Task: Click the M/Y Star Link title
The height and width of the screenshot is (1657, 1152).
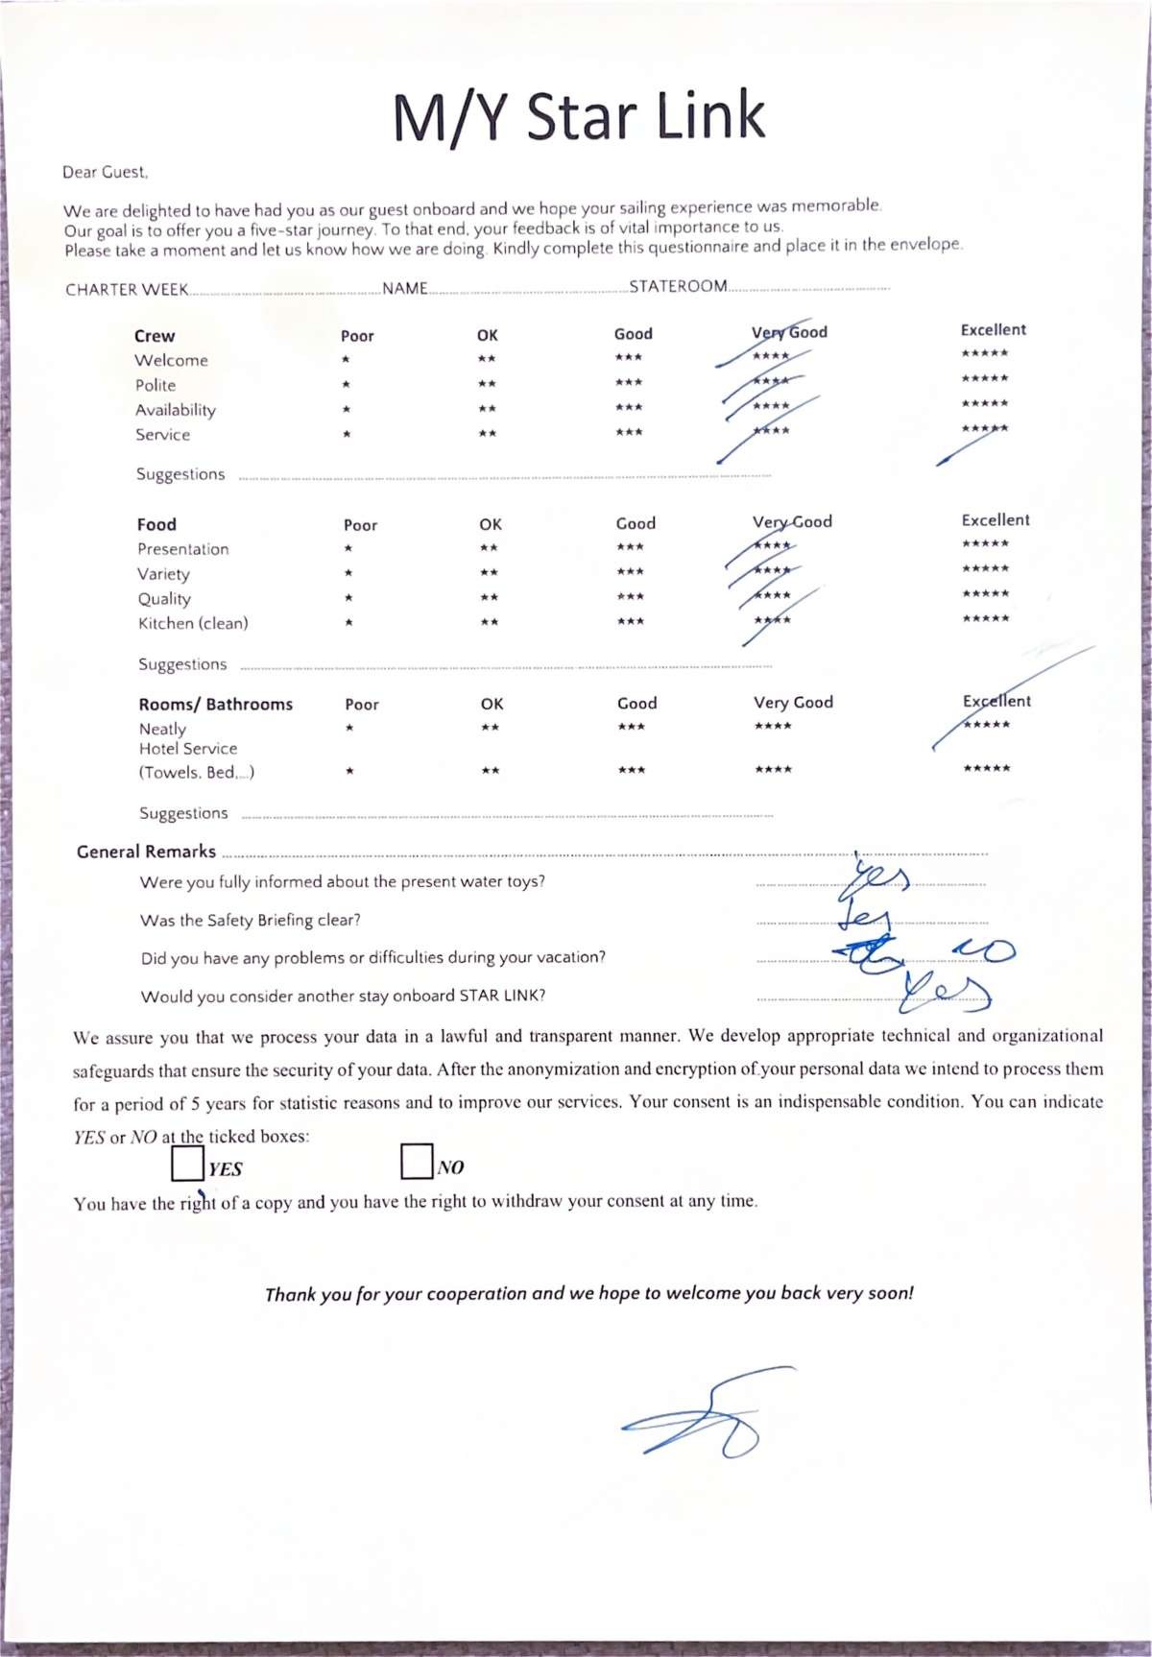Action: [x=579, y=116]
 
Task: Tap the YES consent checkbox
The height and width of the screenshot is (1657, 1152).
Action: [x=187, y=1164]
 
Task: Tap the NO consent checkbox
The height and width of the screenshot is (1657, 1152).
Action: [x=417, y=1161]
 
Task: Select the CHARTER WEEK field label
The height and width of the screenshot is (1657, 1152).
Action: [x=126, y=290]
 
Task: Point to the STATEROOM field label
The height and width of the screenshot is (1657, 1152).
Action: [x=678, y=286]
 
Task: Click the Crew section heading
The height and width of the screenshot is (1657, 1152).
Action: [x=155, y=336]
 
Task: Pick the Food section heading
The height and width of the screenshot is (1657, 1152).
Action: [x=156, y=524]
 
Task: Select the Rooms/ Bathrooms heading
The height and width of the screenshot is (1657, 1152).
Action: [x=215, y=704]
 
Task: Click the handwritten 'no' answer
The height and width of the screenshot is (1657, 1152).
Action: [x=984, y=950]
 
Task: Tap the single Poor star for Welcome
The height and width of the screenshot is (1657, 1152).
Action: [x=346, y=360]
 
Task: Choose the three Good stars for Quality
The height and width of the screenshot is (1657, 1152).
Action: [x=631, y=597]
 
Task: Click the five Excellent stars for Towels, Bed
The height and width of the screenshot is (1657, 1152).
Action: [x=987, y=769]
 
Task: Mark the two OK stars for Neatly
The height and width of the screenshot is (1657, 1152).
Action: [x=491, y=728]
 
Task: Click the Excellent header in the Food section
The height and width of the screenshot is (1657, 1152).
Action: [x=996, y=519]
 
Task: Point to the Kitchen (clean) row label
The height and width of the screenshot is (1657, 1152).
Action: [x=193, y=623]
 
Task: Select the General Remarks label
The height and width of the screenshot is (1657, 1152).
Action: [x=146, y=852]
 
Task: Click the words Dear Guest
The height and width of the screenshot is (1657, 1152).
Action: [x=105, y=172]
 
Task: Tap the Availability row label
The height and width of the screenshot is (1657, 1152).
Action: [x=176, y=410]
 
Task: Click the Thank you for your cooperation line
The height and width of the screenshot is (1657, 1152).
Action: [x=588, y=1293]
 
